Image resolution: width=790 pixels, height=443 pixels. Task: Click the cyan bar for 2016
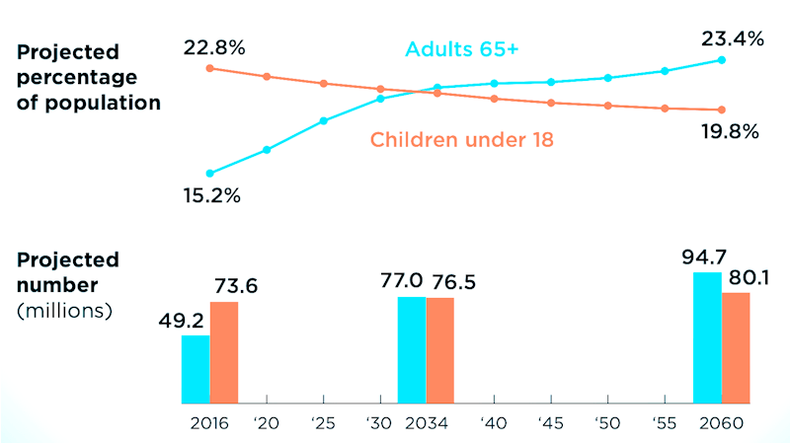pyautogui.click(x=196, y=369)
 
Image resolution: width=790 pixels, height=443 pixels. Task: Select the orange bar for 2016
pyautogui.click(x=224, y=352)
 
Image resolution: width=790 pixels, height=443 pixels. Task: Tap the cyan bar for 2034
pyautogui.click(x=412, y=349)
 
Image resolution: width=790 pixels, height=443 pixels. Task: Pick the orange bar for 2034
pyautogui.click(x=440, y=350)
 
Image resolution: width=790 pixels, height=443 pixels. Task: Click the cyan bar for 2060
pyautogui.click(x=707, y=337)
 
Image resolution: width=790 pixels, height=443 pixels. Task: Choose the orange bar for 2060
pyautogui.click(x=736, y=347)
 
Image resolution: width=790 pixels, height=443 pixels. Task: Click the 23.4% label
pyautogui.click(x=732, y=39)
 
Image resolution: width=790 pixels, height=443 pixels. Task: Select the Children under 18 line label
pyautogui.click(x=461, y=140)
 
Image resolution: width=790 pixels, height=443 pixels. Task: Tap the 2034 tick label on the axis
pyautogui.click(x=426, y=422)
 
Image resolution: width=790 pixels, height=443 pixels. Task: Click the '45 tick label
pyautogui.click(x=551, y=422)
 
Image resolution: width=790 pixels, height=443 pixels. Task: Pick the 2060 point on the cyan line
pyautogui.click(x=722, y=60)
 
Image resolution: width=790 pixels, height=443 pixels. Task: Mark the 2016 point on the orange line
pyautogui.click(x=209, y=68)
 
